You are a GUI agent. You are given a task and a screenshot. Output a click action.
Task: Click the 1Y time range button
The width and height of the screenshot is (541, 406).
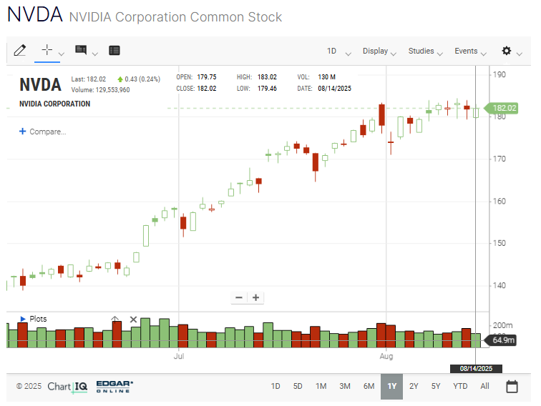[391, 386]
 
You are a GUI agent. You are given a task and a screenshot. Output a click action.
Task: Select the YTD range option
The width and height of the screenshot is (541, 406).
[460, 386]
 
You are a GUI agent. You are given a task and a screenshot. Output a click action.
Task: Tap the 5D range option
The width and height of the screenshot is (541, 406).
[298, 386]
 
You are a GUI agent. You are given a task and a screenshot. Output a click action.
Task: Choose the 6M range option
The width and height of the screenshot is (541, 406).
[369, 386]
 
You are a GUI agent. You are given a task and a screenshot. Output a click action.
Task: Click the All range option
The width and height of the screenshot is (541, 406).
[484, 386]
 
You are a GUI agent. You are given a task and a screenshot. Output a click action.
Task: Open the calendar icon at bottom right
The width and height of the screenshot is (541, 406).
[512, 387]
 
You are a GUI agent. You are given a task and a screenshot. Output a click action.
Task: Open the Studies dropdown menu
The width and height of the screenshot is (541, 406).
[425, 51]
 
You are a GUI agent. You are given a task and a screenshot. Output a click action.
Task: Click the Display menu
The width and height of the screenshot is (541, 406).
[379, 51]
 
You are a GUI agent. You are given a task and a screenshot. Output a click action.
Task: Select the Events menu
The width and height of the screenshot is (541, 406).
[469, 51]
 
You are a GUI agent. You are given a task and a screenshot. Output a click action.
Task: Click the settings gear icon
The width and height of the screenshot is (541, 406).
[507, 51]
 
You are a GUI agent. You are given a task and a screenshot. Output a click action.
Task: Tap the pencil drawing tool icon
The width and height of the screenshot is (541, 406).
[19, 50]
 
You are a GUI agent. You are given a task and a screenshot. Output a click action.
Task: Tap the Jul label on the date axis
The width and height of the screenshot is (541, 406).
[179, 355]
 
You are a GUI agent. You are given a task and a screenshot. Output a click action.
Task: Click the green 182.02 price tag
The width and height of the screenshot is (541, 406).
[502, 108]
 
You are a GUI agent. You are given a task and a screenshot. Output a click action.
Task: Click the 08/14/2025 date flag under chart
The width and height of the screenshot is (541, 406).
[476, 369]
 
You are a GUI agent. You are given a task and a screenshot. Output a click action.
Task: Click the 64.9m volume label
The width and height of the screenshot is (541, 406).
[502, 340]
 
